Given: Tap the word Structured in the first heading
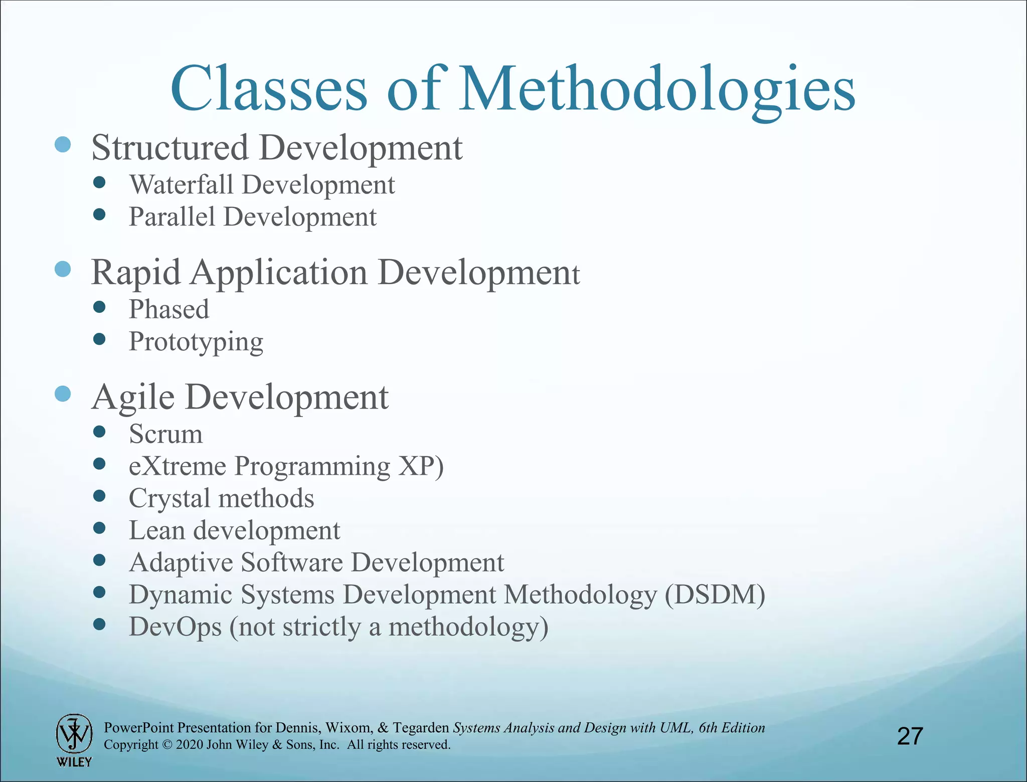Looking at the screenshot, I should [x=170, y=148].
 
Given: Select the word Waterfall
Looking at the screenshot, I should [x=181, y=184].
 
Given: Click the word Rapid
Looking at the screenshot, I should [x=135, y=273].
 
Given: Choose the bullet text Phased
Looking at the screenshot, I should [x=169, y=309].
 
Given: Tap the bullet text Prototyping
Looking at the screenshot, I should [x=196, y=342].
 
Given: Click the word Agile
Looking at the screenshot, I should [x=133, y=398].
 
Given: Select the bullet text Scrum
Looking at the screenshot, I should [x=165, y=434].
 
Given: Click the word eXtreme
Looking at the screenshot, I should [x=178, y=466].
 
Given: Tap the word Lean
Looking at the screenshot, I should [x=156, y=530].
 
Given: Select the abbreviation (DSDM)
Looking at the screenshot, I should [x=715, y=595].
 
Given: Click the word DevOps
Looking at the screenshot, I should [x=175, y=627].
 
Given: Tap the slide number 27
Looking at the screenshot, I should [x=910, y=736].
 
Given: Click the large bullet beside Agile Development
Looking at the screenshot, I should [x=63, y=394].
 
